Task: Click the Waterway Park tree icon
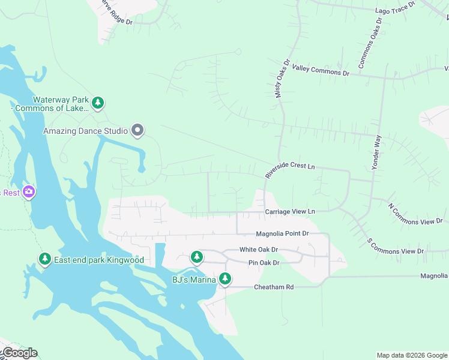tap(98, 103)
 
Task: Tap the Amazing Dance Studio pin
tap(137, 130)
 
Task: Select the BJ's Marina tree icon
tap(225, 278)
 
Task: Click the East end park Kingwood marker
tap(44, 259)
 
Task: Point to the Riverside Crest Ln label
tap(290, 170)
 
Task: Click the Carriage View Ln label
tap(290, 212)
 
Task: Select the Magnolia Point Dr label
tap(282, 233)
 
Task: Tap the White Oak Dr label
tap(259, 249)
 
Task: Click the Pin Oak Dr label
tap(264, 263)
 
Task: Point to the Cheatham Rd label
tap(274, 287)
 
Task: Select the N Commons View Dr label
tap(415, 214)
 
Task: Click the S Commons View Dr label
tap(396, 246)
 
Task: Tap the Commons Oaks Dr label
tap(370, 43)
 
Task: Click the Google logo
tap(19, 353)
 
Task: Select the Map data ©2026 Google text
tap(411, 355)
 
